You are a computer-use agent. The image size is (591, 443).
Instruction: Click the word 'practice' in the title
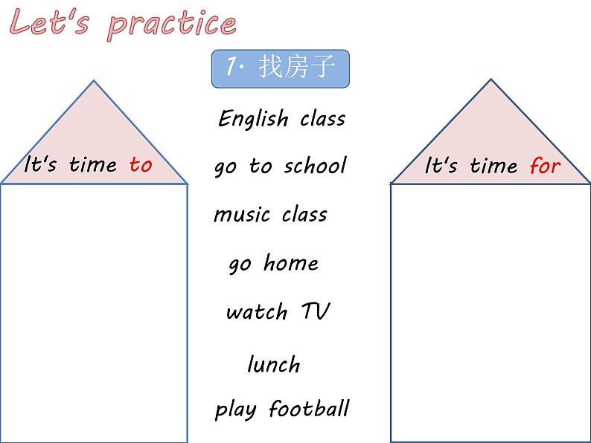(x=172, y=25)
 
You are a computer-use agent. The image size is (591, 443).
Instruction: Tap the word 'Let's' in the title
(x=49, y=22)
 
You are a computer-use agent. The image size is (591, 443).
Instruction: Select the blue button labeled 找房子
(x=281, y=68)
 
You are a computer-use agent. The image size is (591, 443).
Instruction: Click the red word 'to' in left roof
(x=141, y=164)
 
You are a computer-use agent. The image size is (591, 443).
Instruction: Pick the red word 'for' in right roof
(x=545, y=165)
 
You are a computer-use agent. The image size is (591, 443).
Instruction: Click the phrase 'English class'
(x=282, y=119)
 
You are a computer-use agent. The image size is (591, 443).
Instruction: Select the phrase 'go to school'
(x=281, y=166)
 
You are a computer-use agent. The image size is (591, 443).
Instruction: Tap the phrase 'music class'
(x=270, y=215)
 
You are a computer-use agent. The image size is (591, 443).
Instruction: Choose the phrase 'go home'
(x=274, y=263)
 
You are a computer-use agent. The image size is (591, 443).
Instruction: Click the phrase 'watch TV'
(x=278, y=311)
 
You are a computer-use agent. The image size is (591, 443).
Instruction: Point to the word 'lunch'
(x=274, y=364)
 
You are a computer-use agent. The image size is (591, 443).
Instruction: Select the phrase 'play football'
(x=282, y=410)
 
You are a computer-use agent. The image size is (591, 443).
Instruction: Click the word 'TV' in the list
(x=316, y=311)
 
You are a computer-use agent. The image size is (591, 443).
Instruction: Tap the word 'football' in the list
(x=310, y=408)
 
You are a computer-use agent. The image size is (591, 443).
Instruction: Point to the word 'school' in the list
(x=316, y=165)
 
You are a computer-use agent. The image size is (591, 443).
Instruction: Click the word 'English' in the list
(x=253, y=119)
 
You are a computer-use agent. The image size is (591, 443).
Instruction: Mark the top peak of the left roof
(x=94, y=80)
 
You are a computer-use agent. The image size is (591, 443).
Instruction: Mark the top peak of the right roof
(x=491, y=79)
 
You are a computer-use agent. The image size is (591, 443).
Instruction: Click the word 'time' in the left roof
(x=93, y=164)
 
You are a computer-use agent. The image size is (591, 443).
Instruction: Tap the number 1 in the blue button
(x=231, y=66)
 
